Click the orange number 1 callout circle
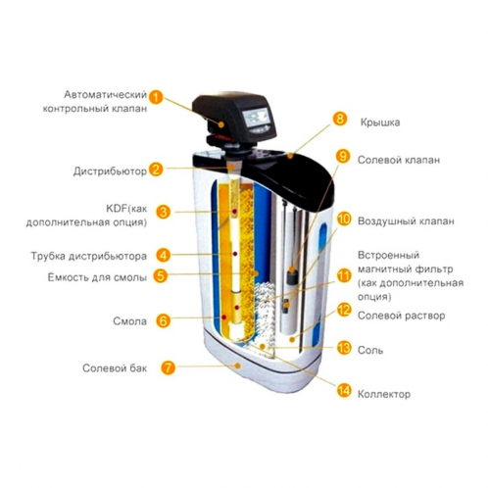[156, 97]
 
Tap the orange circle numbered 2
[156, 170]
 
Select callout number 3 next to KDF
[163, 212]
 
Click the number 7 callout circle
[168, 367]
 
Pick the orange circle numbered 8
[340, 119]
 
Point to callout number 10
[344, 219]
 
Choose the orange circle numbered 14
[344, 390]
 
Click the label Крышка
[380, 122]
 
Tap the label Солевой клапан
[399, 160]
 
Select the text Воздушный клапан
[406, 221]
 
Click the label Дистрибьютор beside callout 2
[110, 171]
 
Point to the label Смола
[129, 321]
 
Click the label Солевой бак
[115, 368]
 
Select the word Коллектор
[384, 394]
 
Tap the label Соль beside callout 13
[370, 350]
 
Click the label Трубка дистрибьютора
[88, 256]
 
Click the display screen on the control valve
[257, 117]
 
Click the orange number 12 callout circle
[344, 310]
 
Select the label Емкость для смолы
[97, 277]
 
